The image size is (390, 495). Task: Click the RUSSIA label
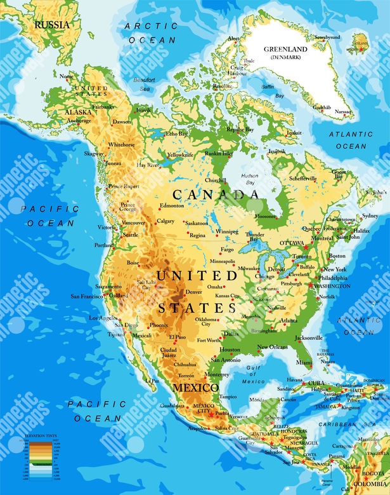[x=51, y=25]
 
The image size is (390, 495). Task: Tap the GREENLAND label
[x=285, y=49]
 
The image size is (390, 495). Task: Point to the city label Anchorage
[x=79, y=120]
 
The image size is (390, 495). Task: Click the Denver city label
[x=193, y=292]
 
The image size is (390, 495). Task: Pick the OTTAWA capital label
[x=292, y=242]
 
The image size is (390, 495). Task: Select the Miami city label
[x=304, y=362]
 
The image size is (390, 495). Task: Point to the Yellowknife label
[x=180, y=154]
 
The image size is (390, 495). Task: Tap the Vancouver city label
[x=133, y=223]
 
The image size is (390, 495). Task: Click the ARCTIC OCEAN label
[x=152, y=32]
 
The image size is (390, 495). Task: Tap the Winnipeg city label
[x=228, y=231]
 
